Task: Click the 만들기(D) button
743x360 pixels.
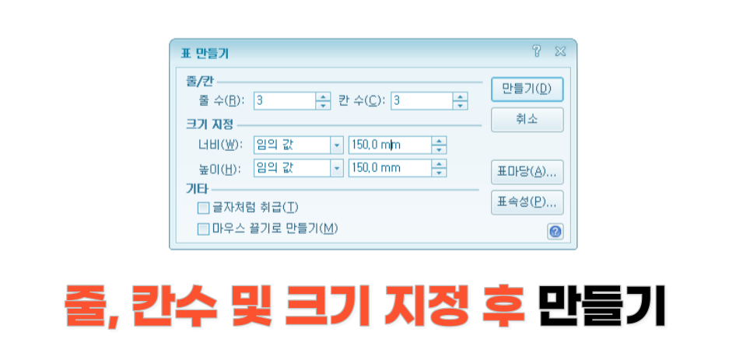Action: (x=527, y=89)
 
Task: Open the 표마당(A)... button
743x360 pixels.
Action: (x=527, y=171)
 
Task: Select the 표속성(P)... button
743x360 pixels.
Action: (x=527, y=202)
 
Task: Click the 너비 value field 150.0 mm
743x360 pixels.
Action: (x=390, y=145)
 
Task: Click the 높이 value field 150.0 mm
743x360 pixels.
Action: (x=390, y=168)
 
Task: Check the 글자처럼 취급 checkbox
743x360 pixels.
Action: (x=204, y=208)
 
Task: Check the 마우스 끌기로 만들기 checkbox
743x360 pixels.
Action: (x=204, y=229)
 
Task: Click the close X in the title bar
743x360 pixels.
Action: (x=559, y=52)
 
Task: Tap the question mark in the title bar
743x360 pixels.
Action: (x=536, y=52)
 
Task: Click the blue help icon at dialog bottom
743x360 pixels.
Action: (x=555, y=231)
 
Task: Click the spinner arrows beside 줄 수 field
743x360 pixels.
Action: (x=323, y=100)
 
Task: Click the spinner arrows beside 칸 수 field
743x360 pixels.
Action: (x=461, y=100)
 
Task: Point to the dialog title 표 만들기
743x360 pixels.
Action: (x=205, y=53)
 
